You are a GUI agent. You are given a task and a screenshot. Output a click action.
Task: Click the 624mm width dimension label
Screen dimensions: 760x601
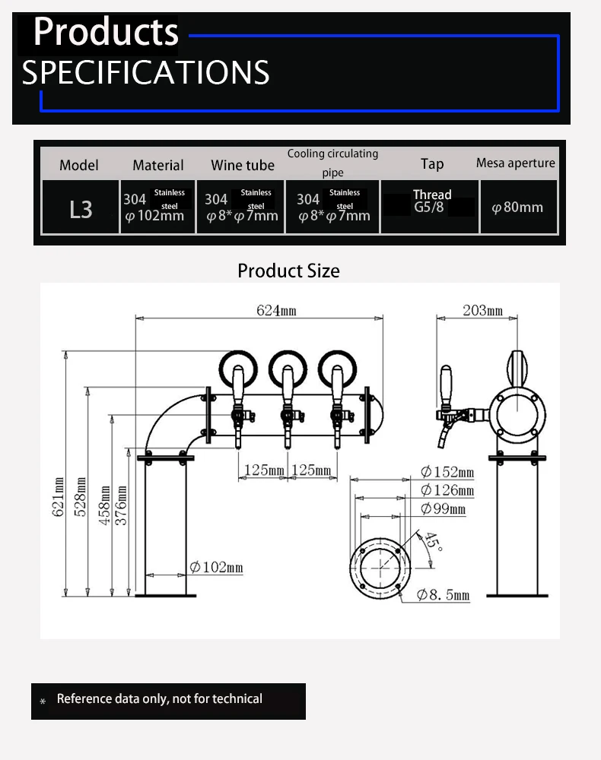click(276, 311)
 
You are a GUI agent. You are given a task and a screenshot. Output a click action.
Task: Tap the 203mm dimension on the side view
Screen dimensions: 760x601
click(482, 311)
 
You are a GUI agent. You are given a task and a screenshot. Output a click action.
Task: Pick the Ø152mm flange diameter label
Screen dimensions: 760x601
click(447, 473)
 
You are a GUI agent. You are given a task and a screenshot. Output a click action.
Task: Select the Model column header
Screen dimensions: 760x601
click(79, 165)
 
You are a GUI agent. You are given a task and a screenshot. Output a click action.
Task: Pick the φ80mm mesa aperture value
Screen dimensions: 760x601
click(517, 207)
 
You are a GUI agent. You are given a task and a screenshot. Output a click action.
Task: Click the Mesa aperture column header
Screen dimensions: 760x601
click(515, 163)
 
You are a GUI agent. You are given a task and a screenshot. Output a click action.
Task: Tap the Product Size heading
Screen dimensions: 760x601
click(288, 271)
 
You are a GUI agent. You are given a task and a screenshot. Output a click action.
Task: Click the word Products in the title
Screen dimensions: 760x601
click(106, 33)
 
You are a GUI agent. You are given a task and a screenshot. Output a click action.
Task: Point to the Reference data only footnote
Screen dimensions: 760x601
click(159, 699)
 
